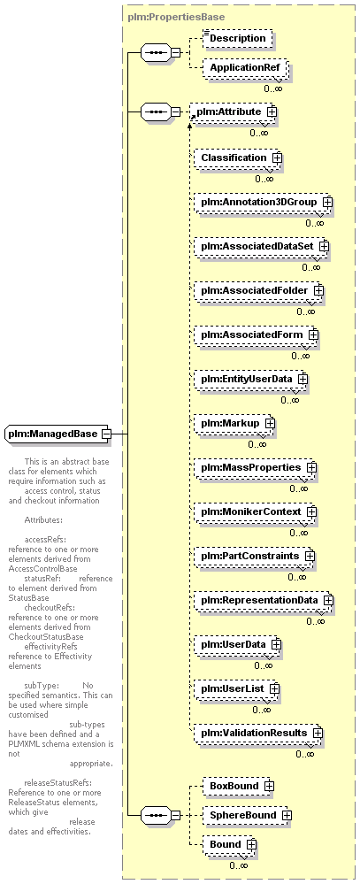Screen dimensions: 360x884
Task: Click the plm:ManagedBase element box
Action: tap(58, 434)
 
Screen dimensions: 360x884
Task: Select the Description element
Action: tap(237, 38)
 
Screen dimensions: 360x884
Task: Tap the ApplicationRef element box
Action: tap(245, 68)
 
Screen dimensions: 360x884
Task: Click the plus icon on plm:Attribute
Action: tap(272, 111)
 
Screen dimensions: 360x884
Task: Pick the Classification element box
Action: tap(237, 158)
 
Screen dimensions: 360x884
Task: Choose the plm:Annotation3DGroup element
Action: tap(263, 202)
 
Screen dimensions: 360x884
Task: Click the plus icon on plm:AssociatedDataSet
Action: tap(324, 246)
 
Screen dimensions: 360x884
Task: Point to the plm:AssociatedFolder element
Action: tap(260, 290)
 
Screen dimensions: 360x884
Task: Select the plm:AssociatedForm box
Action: tap(257, 334)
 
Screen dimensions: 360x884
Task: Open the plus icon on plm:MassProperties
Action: tap(311, 467)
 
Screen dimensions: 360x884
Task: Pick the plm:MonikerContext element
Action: tap(257, 511)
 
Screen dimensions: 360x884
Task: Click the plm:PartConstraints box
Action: tap(255, 556)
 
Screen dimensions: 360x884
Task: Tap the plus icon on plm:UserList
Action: tap(274, 688)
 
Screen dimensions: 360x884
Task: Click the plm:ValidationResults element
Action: tap(259, 733)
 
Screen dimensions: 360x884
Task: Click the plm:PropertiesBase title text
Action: tap(176, 17)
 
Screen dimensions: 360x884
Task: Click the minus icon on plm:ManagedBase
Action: tap(105, 434)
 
